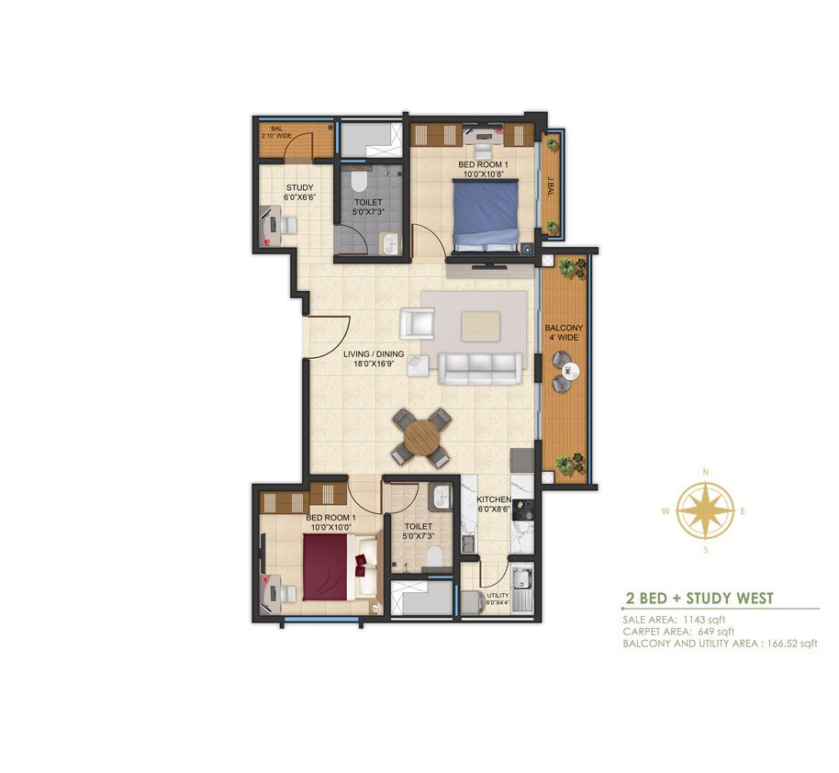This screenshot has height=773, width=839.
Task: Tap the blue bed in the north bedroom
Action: click(487, 215)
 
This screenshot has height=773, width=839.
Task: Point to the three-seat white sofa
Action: click(480, 368)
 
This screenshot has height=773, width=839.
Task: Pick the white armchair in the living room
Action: click(418, 324)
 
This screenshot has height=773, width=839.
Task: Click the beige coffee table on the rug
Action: click(480, 327)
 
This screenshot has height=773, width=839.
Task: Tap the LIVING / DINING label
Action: click(374, 359)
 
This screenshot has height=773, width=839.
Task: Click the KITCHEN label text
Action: click(494, 499)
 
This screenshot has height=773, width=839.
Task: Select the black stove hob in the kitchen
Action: click(523, 510)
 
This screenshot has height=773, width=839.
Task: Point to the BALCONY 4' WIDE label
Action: click(564, 332)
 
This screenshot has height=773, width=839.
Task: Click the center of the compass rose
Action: click(706, 510)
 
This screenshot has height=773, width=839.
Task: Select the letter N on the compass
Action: click(706, 472)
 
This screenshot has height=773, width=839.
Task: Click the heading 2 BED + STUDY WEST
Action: click(699, 598)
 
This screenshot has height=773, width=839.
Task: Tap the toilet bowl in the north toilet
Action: click(359, 181)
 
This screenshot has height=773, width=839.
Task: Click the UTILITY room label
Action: click(498, 595)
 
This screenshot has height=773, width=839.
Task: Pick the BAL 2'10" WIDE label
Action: click(276, 132)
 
